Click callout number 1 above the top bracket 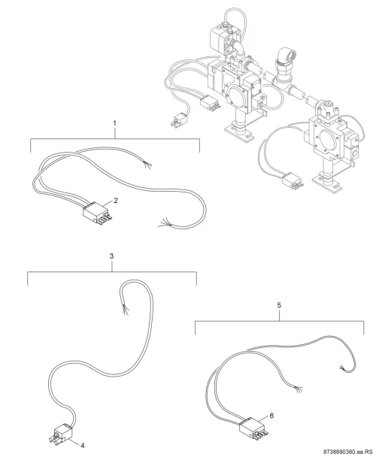point(114,123)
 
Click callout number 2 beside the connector point(116,201)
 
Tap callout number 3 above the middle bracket point(111,256)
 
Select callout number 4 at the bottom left point(83,446)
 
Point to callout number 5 point(279,305)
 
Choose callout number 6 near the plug point(271,416)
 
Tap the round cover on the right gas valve point(329,138)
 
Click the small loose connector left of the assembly point(178,120)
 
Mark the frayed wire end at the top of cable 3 point(126,309)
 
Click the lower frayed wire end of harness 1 point(165,223)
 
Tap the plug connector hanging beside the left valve point(210,103)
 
